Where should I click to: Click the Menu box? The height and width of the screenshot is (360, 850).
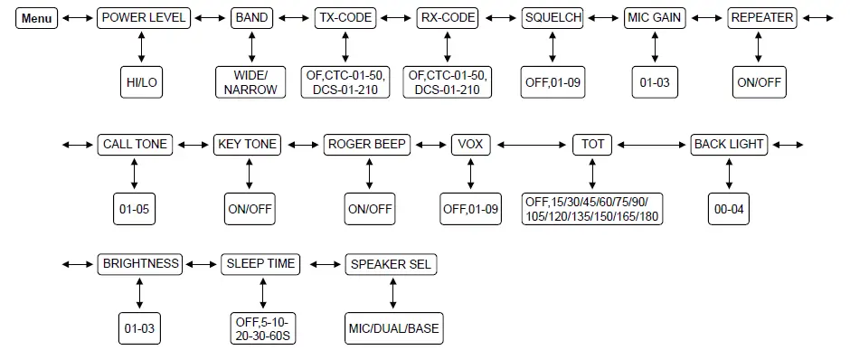37,18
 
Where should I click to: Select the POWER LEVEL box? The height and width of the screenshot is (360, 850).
145,18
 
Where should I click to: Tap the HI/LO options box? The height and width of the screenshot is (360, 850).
141,82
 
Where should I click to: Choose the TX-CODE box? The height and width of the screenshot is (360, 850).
345,18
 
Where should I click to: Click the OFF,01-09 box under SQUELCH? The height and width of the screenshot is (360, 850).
552,82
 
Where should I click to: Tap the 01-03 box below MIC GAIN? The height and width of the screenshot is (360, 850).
655,82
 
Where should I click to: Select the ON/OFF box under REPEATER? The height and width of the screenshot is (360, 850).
759,82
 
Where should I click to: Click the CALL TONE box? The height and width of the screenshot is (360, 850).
134,144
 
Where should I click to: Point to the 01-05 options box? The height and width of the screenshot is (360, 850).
134,209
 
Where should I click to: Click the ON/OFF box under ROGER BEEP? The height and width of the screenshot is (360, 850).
370,209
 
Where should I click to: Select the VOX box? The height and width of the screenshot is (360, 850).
470,144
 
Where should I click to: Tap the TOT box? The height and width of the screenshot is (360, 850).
593,144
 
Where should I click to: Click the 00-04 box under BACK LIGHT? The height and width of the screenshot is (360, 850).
729,209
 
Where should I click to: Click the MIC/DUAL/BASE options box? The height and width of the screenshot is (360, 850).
392,327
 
